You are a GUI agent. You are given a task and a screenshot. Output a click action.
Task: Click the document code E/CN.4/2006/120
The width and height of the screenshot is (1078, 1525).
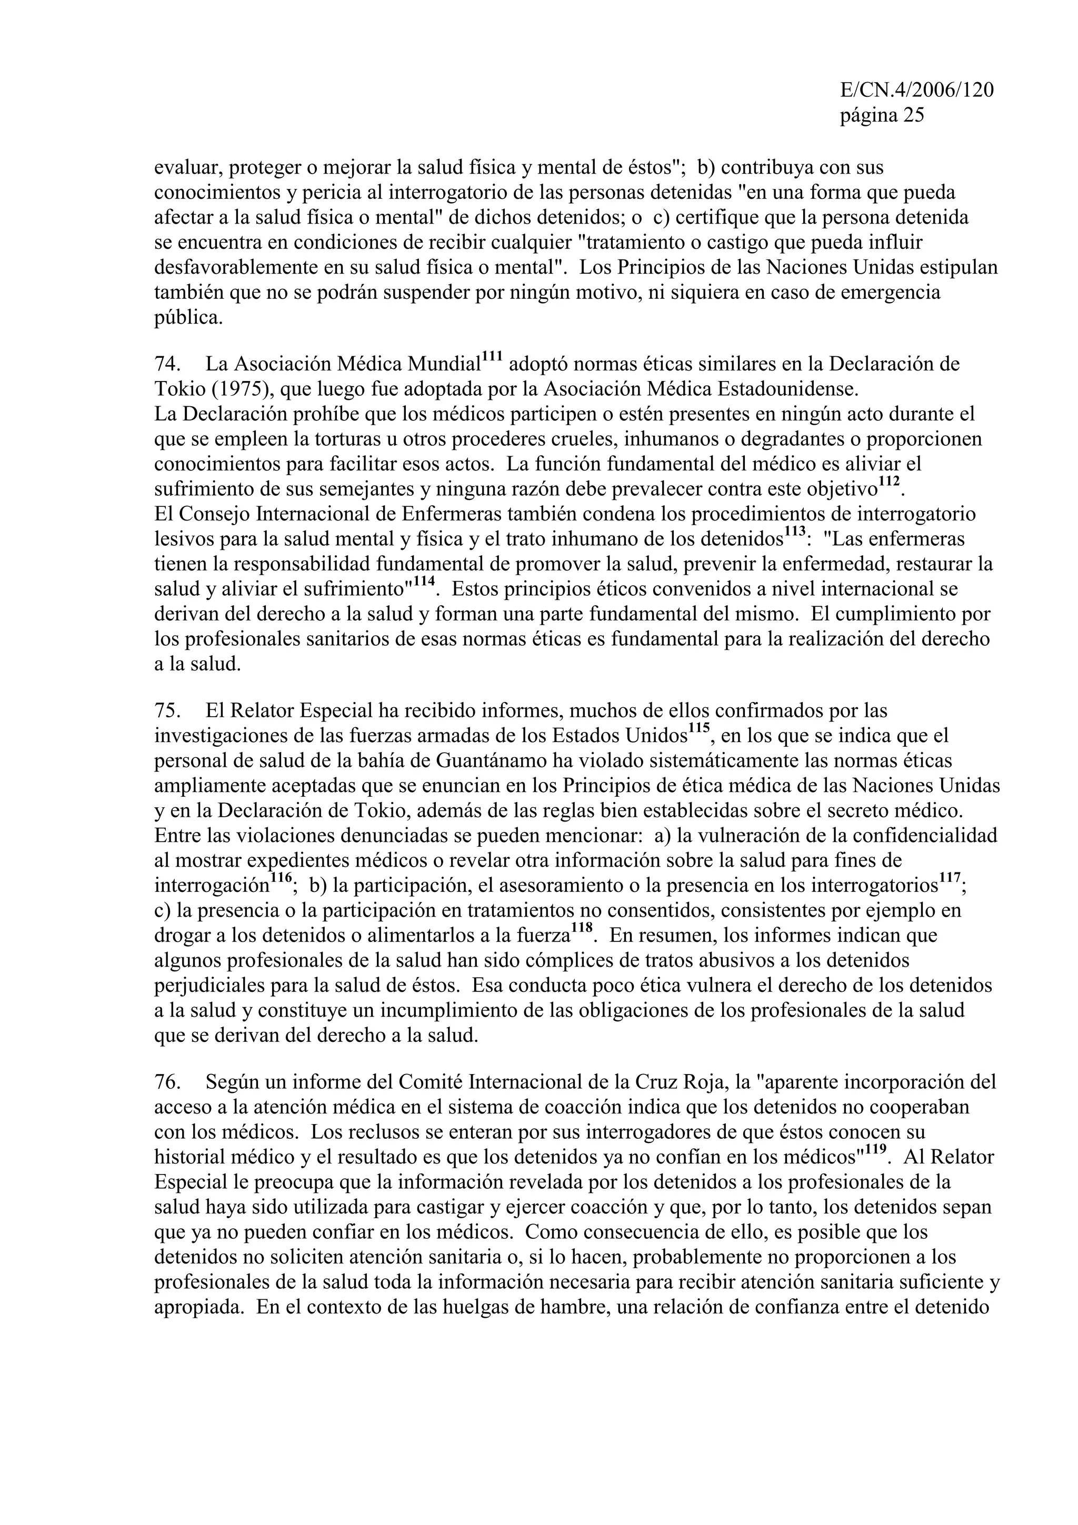(916, 91)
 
